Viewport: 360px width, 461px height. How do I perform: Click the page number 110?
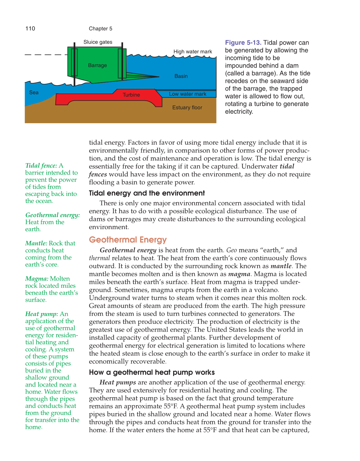point(30,29)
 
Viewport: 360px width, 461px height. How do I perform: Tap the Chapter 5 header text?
point(100,29)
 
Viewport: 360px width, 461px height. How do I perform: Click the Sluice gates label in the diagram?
point(98,42)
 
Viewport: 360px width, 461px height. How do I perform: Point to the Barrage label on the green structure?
point(97,65)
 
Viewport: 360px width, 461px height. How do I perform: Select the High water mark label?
point(192,52)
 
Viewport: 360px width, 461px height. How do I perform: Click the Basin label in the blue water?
point(181,76)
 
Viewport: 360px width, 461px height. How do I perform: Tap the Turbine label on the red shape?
point(131,95)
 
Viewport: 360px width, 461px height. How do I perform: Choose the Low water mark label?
point(187,94)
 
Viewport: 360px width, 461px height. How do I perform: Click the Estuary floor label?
point(187,108)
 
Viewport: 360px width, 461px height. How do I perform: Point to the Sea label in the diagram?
point(34,93)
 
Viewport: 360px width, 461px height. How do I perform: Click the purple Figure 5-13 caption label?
point(243,43)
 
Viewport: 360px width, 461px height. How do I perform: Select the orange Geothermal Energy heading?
point(128,240)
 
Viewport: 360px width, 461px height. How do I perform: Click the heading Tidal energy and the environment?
point(147,193)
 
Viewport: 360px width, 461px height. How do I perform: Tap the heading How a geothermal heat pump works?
point(152,372)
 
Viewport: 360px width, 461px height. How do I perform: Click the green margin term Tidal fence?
point(41,166)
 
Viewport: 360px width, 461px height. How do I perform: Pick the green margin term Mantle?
point(36,243)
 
